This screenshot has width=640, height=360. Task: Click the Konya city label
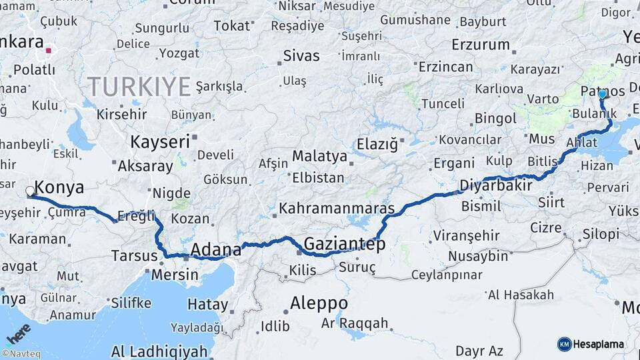click(59, 187)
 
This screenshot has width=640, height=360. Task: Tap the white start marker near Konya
click(30, 192)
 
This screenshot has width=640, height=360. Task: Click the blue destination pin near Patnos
click(602, 95)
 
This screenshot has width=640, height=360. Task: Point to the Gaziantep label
click(344, 244)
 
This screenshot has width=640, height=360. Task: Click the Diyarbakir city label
click(496, 185)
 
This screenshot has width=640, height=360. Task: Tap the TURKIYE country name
click(139, 87)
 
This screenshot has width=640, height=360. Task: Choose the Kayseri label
click(159, 142)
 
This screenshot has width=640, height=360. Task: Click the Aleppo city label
click(319, 303)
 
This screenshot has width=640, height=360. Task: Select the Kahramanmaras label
click(337, 208)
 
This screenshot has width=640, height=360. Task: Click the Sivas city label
click(301, 56)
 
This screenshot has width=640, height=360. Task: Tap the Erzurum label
click(480, 45)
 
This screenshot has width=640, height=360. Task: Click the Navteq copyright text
click(21, 354)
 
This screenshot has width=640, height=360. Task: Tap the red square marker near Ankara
click(48, 49)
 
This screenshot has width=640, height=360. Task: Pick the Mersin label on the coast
click(175, 274)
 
